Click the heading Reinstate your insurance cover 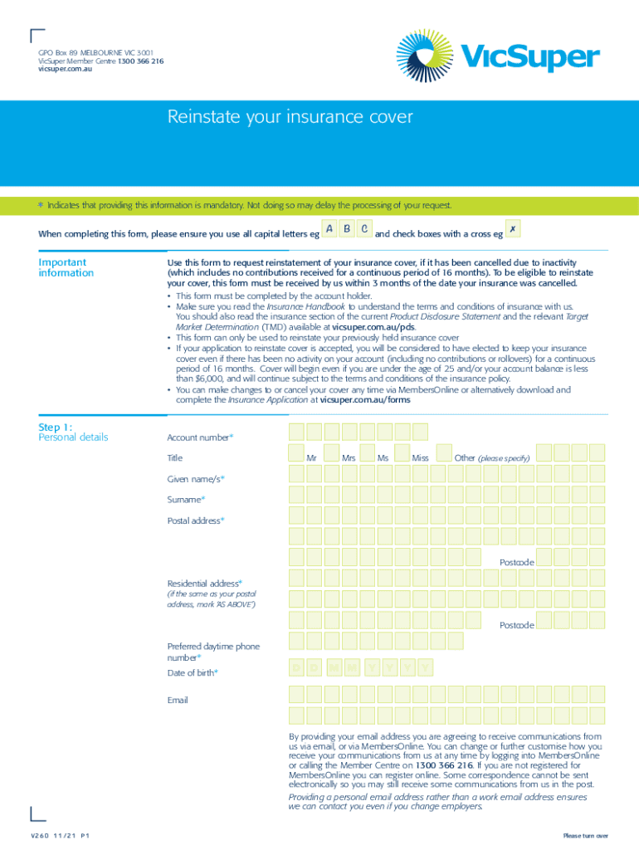point(290,117)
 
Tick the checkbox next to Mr point(296,452)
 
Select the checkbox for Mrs point(332,452)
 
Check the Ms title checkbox point(367,452)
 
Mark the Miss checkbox point(402,452)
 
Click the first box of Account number point(296,432)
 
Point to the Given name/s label point(196,479)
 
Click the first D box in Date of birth point(296,668)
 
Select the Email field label point(178,700)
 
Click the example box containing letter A point(329,229)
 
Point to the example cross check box point(513,229)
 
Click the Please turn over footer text point(585,835)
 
